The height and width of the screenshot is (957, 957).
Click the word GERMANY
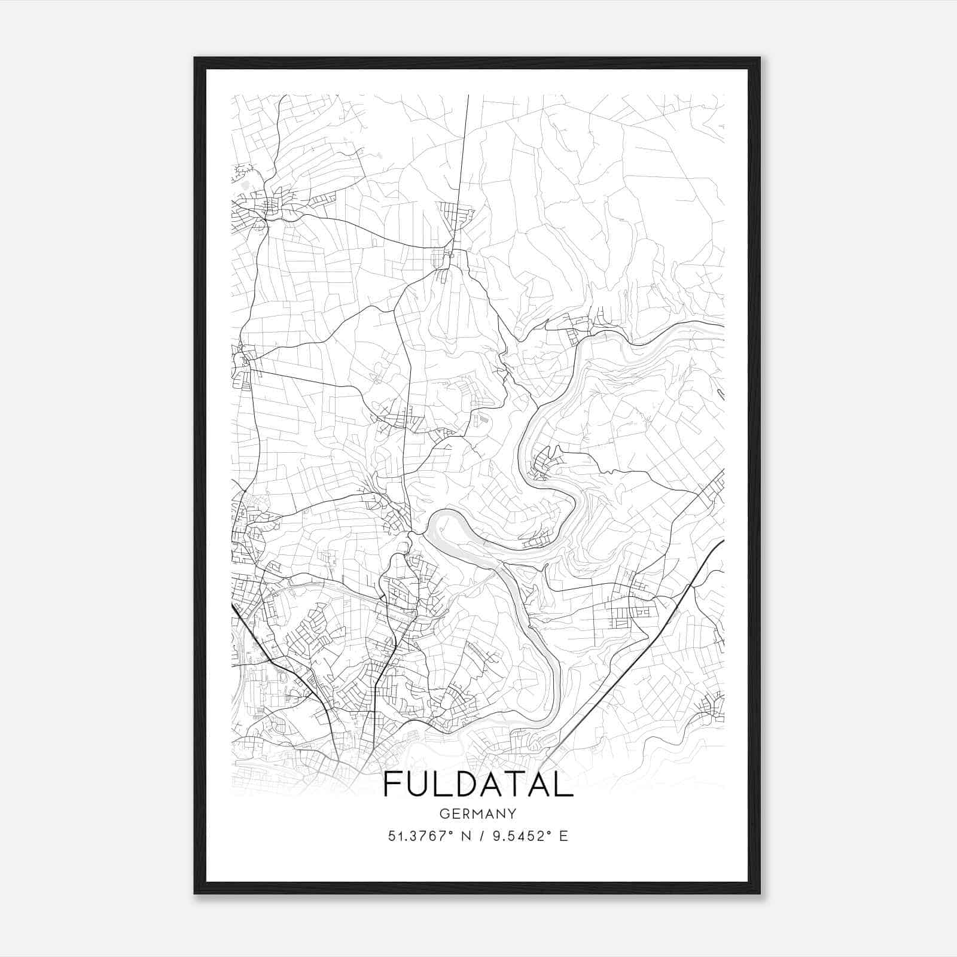point(478,814)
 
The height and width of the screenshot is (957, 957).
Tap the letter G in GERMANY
point(443,814)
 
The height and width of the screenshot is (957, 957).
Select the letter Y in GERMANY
point(512,814)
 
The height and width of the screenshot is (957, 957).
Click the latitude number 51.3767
point(416,836)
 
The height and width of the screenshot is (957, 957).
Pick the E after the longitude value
point(563,836)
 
